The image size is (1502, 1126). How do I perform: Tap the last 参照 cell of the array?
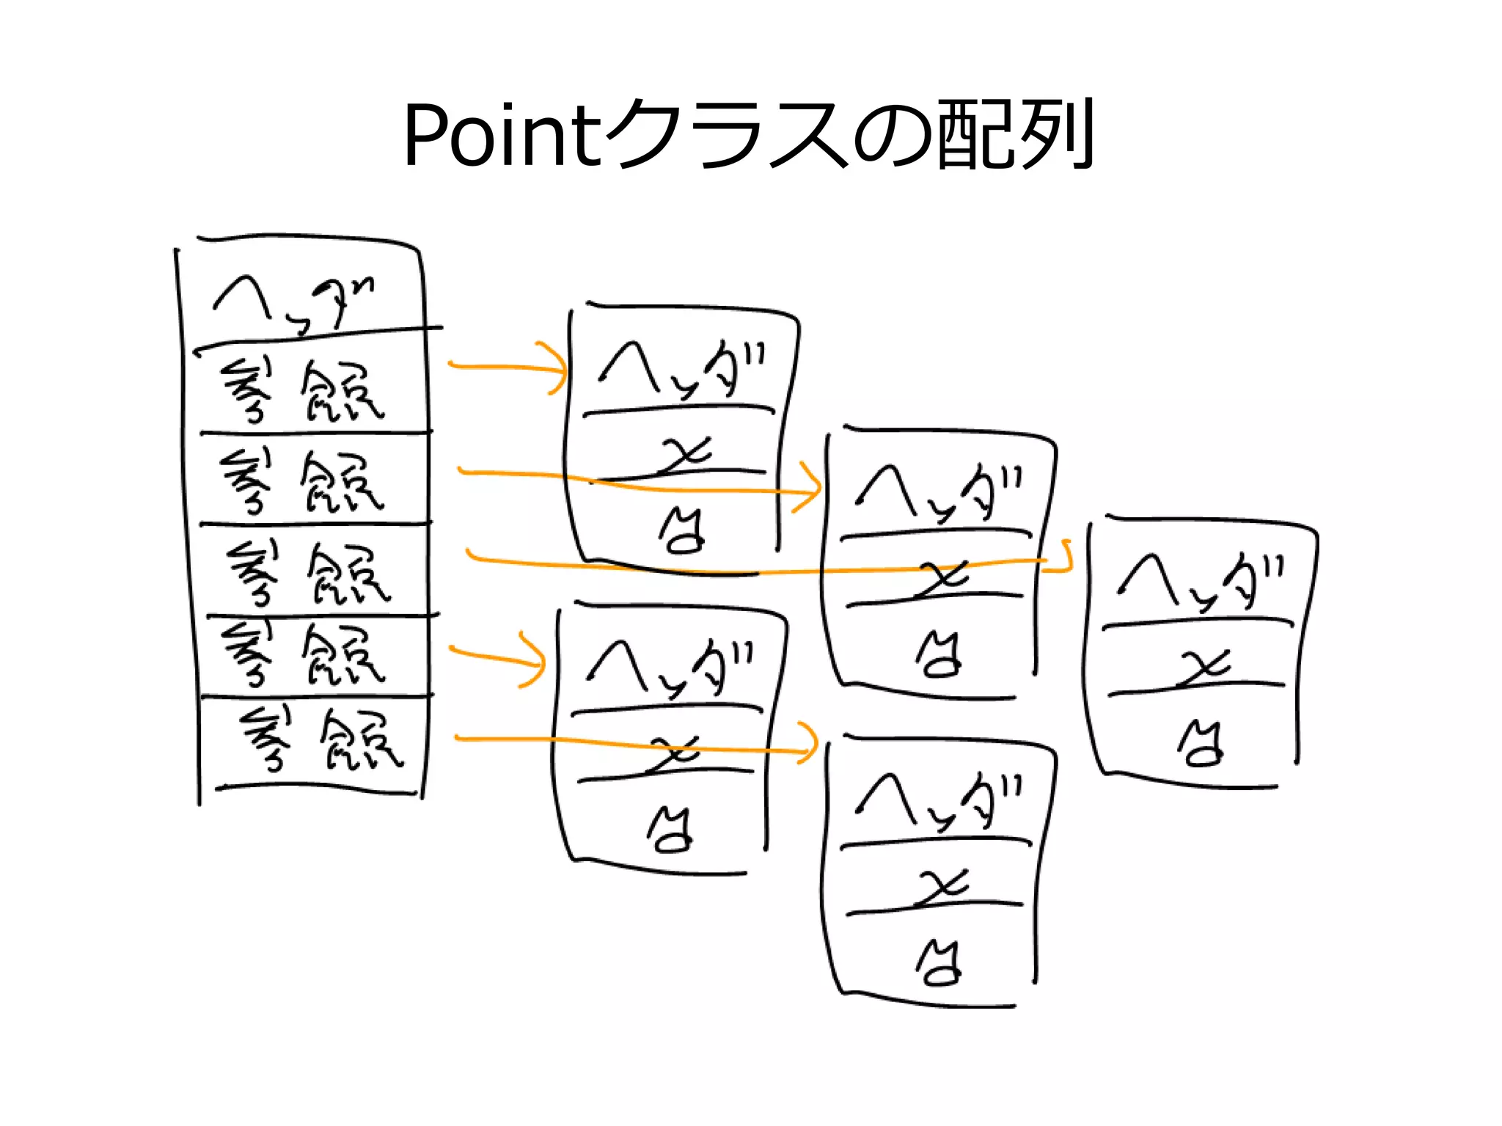(323, 741)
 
